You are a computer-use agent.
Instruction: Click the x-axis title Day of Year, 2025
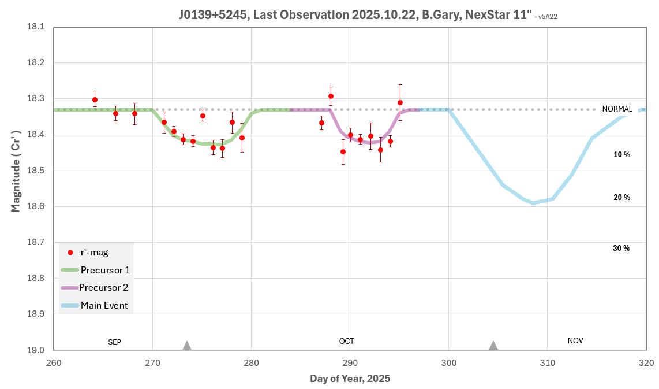[x=350, y=379]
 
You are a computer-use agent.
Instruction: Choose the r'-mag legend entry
[x=94, y=252]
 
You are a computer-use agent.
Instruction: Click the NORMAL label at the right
[x=617, y=109]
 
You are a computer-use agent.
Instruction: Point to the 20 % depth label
[x=621, y=198]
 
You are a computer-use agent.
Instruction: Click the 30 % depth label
[x=621, y=248]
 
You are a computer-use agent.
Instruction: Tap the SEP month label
[x=115, y=342]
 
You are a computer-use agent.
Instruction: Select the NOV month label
[x=575, y=340]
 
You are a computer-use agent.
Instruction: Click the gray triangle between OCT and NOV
[x=493, y=346]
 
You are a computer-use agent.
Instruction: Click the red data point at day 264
[x=95, y=99]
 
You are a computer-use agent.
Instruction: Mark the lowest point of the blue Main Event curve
[x=533, y=203]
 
